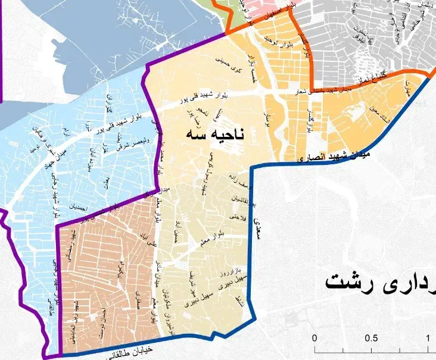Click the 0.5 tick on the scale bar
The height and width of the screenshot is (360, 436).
[371, 338]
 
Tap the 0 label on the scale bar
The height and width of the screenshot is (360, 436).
[314, 338]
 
